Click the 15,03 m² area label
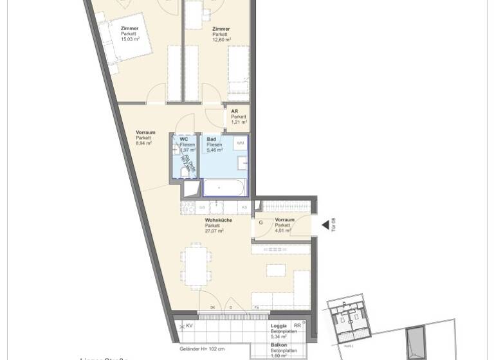(x=130, y=39)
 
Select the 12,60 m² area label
(x=221, y=39)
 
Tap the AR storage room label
(x=235, y=111)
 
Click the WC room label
(x=184, y=139)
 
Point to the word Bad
(x=211, y=139)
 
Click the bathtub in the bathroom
(x=224, y=188)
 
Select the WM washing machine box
(x=240, y=143)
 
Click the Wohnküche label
(x=218, y=221)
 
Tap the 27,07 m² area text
(x=214, y=231)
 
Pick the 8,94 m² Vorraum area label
(x=144, y=143)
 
